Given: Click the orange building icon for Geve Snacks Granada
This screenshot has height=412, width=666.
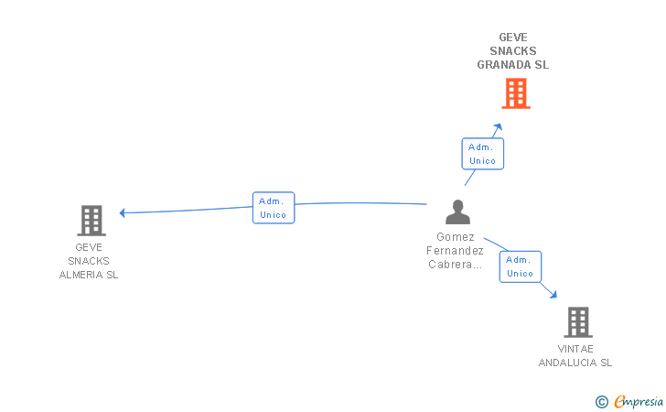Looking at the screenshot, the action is pos(516,93).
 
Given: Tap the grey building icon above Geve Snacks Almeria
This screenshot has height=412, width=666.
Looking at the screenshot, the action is pos(91,221).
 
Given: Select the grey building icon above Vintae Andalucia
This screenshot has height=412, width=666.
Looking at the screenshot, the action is pos(577,322).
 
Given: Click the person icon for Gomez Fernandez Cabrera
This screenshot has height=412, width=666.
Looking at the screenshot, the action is pos(457,212).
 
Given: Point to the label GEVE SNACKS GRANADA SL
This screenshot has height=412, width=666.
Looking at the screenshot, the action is pos(513,51).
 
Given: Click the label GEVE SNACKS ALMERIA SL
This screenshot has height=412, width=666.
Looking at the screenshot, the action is pos(89,261).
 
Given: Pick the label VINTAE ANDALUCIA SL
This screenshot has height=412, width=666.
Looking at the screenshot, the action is pos(575,356).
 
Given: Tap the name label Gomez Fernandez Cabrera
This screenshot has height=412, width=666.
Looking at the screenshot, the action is pos(455,251).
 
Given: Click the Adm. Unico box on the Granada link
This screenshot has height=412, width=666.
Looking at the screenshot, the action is pos(482,154).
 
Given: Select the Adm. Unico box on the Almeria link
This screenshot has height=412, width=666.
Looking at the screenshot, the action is pos(273,208).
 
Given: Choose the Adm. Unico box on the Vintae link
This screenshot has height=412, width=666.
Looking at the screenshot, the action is pos(520,266).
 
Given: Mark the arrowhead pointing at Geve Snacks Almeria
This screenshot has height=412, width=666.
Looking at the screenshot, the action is pos(124,212).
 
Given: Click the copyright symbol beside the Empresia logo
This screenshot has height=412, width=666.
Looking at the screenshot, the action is pos(601,401).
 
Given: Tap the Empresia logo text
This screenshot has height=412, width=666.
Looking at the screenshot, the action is pos(639,401).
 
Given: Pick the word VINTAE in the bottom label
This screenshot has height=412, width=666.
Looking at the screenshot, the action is pos(575,349).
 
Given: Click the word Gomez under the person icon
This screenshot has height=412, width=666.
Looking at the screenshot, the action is pos(455,237).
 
